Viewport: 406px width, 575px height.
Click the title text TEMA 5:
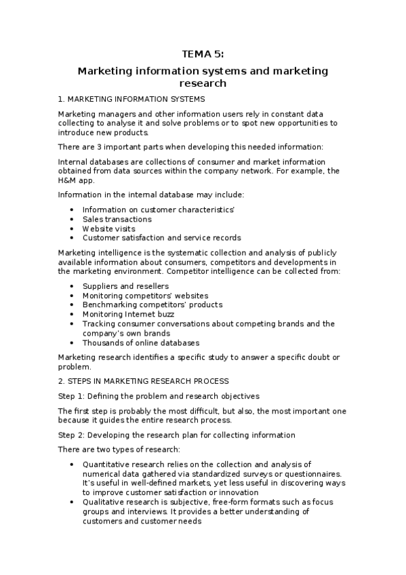click(203, 55)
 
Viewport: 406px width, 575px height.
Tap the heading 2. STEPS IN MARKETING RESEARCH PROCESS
click(144, 381)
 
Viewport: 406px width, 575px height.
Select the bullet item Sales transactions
click(117, 219)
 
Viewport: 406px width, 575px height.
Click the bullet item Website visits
click(108, 229)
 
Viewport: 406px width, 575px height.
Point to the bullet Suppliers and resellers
click(125, 286)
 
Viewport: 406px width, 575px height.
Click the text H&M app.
click(77, 180)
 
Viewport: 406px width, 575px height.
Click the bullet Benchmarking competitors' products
click(153, 305)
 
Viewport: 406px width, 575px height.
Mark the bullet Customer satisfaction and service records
click(161, 238)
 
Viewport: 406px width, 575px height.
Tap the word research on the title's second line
click(203, 83)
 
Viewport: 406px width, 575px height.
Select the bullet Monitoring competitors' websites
click(145, 296)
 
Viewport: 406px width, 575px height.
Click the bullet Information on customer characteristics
click(158, 210)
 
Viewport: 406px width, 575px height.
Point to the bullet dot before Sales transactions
click(73, 220)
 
